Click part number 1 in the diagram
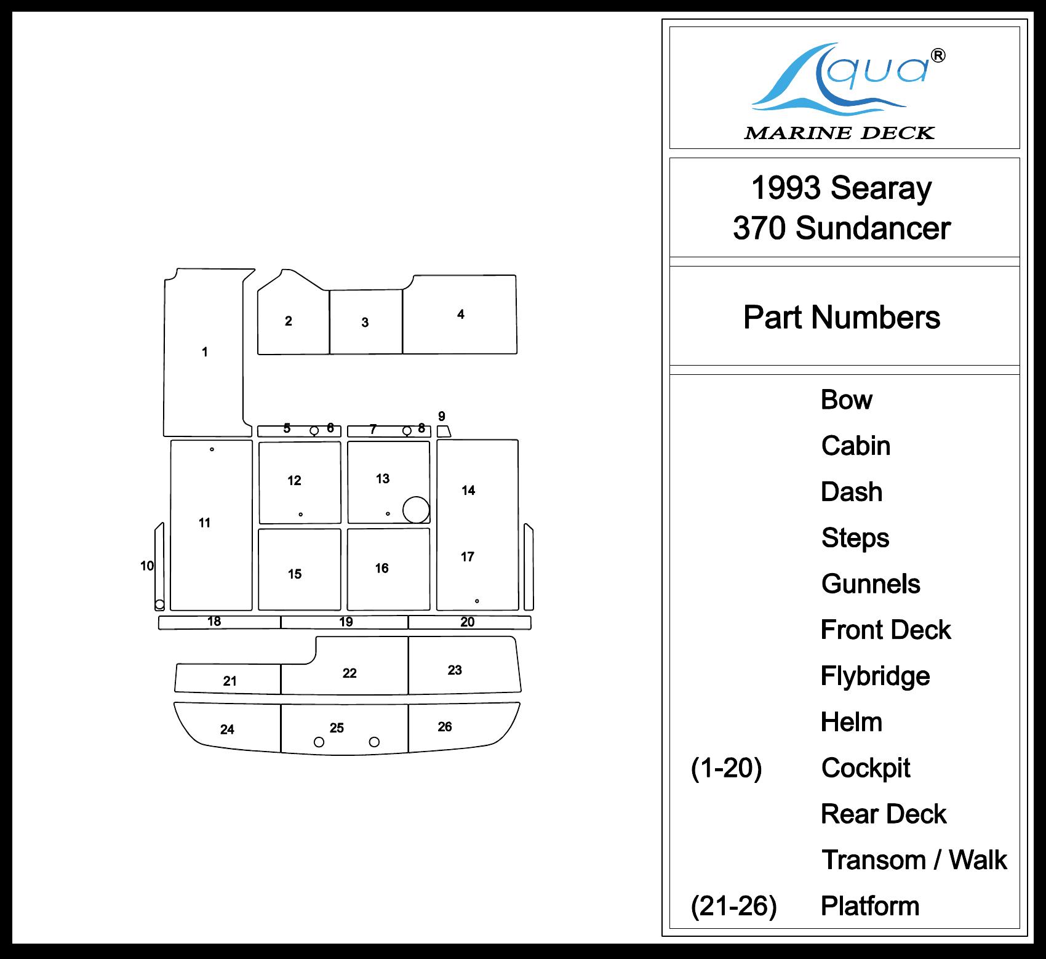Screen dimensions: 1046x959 pos(205,352)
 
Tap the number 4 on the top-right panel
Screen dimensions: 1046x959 pos(461,315)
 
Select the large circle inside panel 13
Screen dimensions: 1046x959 pos(416,510)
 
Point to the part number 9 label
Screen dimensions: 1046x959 pos(442,417)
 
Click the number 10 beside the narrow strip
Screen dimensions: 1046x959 pos(147,566)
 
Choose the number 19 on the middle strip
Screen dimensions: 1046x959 pos(346,622)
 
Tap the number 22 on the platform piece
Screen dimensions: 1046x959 pos(349,673)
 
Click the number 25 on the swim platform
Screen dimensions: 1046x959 pos(337,728)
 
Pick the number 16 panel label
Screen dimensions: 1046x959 pos(382,568)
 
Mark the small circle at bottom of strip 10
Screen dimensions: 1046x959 pos(160,604)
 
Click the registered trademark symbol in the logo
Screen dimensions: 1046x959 pos(938,56)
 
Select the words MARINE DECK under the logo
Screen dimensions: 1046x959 pos(839,133)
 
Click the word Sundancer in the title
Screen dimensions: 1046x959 pos(872,228)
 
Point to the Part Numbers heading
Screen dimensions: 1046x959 pos(842,318)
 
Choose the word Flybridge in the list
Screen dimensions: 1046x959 pos(875,676)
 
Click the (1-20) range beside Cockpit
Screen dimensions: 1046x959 pos(727,768)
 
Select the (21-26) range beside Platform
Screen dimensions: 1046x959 pos(734,906)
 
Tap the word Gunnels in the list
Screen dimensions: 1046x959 pos(871,584)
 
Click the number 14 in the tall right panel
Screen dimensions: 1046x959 pos(468,491)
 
